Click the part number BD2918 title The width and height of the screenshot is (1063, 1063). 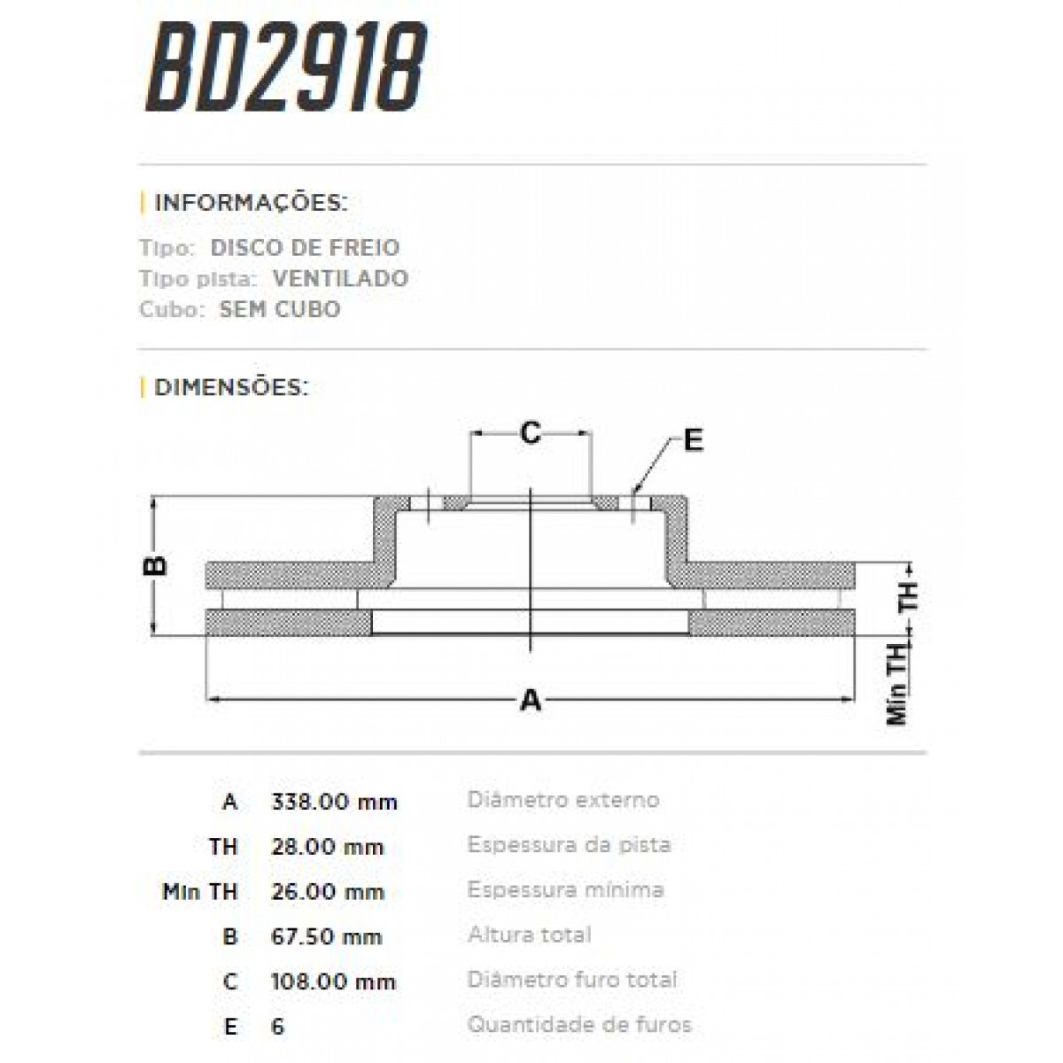(286, 69)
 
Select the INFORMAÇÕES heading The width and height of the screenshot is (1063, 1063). (251, 203)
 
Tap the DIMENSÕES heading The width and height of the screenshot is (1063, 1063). (231, 387)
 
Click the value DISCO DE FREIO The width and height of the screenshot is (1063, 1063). (305, 248)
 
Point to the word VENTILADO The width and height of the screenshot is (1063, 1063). (340, 279)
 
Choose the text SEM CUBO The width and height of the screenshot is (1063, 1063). (280, 310)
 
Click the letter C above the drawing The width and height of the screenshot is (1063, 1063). (530, 433)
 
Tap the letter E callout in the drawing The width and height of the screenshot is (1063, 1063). (693, 440)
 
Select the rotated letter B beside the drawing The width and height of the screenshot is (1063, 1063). (156, 565)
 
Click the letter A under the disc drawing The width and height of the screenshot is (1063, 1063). (530, 702)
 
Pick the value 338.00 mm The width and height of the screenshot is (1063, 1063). (334, 803)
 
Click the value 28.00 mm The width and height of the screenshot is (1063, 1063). (327, 848)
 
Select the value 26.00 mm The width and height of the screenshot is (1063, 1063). (327, 892)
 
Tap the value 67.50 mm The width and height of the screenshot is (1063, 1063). (326, 937)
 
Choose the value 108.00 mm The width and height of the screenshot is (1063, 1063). (333, 982)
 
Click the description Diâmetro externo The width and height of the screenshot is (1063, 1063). (563, 800)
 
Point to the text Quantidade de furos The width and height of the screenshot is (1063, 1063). (579, 1026)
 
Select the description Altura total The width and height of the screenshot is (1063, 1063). (529, 935)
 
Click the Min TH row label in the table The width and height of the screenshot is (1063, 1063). (201, 892)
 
